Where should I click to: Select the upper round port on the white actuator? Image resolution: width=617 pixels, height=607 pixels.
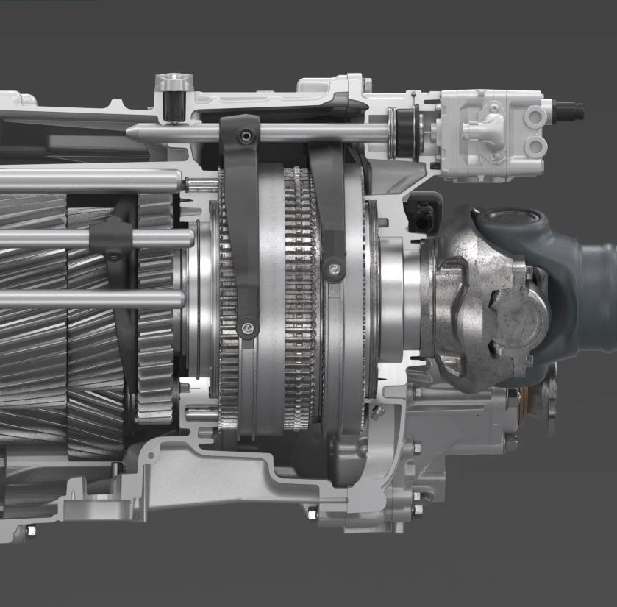(535, 116)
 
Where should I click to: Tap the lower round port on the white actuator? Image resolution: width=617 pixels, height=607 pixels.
(535, 146)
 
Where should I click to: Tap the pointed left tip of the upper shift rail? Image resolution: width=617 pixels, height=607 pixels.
(131, 132)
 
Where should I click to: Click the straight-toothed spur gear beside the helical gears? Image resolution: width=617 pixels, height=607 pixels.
(155, 309)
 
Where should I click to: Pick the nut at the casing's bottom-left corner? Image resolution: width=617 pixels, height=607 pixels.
(31, 530)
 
